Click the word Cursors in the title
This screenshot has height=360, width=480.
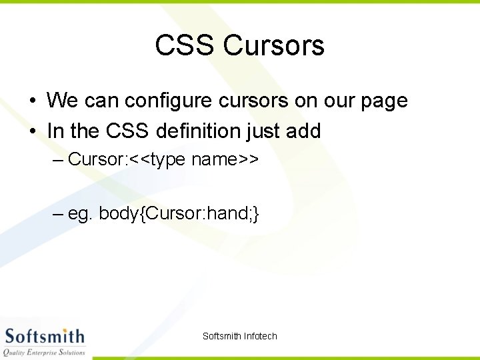pos(274,45)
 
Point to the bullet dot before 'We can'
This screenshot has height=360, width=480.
pos(32,101)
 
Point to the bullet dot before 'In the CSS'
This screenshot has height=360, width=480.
pos(32,131)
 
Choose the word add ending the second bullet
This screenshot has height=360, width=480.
pos(303,131)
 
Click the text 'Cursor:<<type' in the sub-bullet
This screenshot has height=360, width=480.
pos(127,159)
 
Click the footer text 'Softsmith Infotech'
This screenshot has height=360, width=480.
pos(239,336)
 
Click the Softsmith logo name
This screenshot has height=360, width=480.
pos(45,336)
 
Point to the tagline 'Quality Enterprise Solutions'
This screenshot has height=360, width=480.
pos(45,352)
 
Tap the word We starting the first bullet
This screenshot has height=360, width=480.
pos(62,101)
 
